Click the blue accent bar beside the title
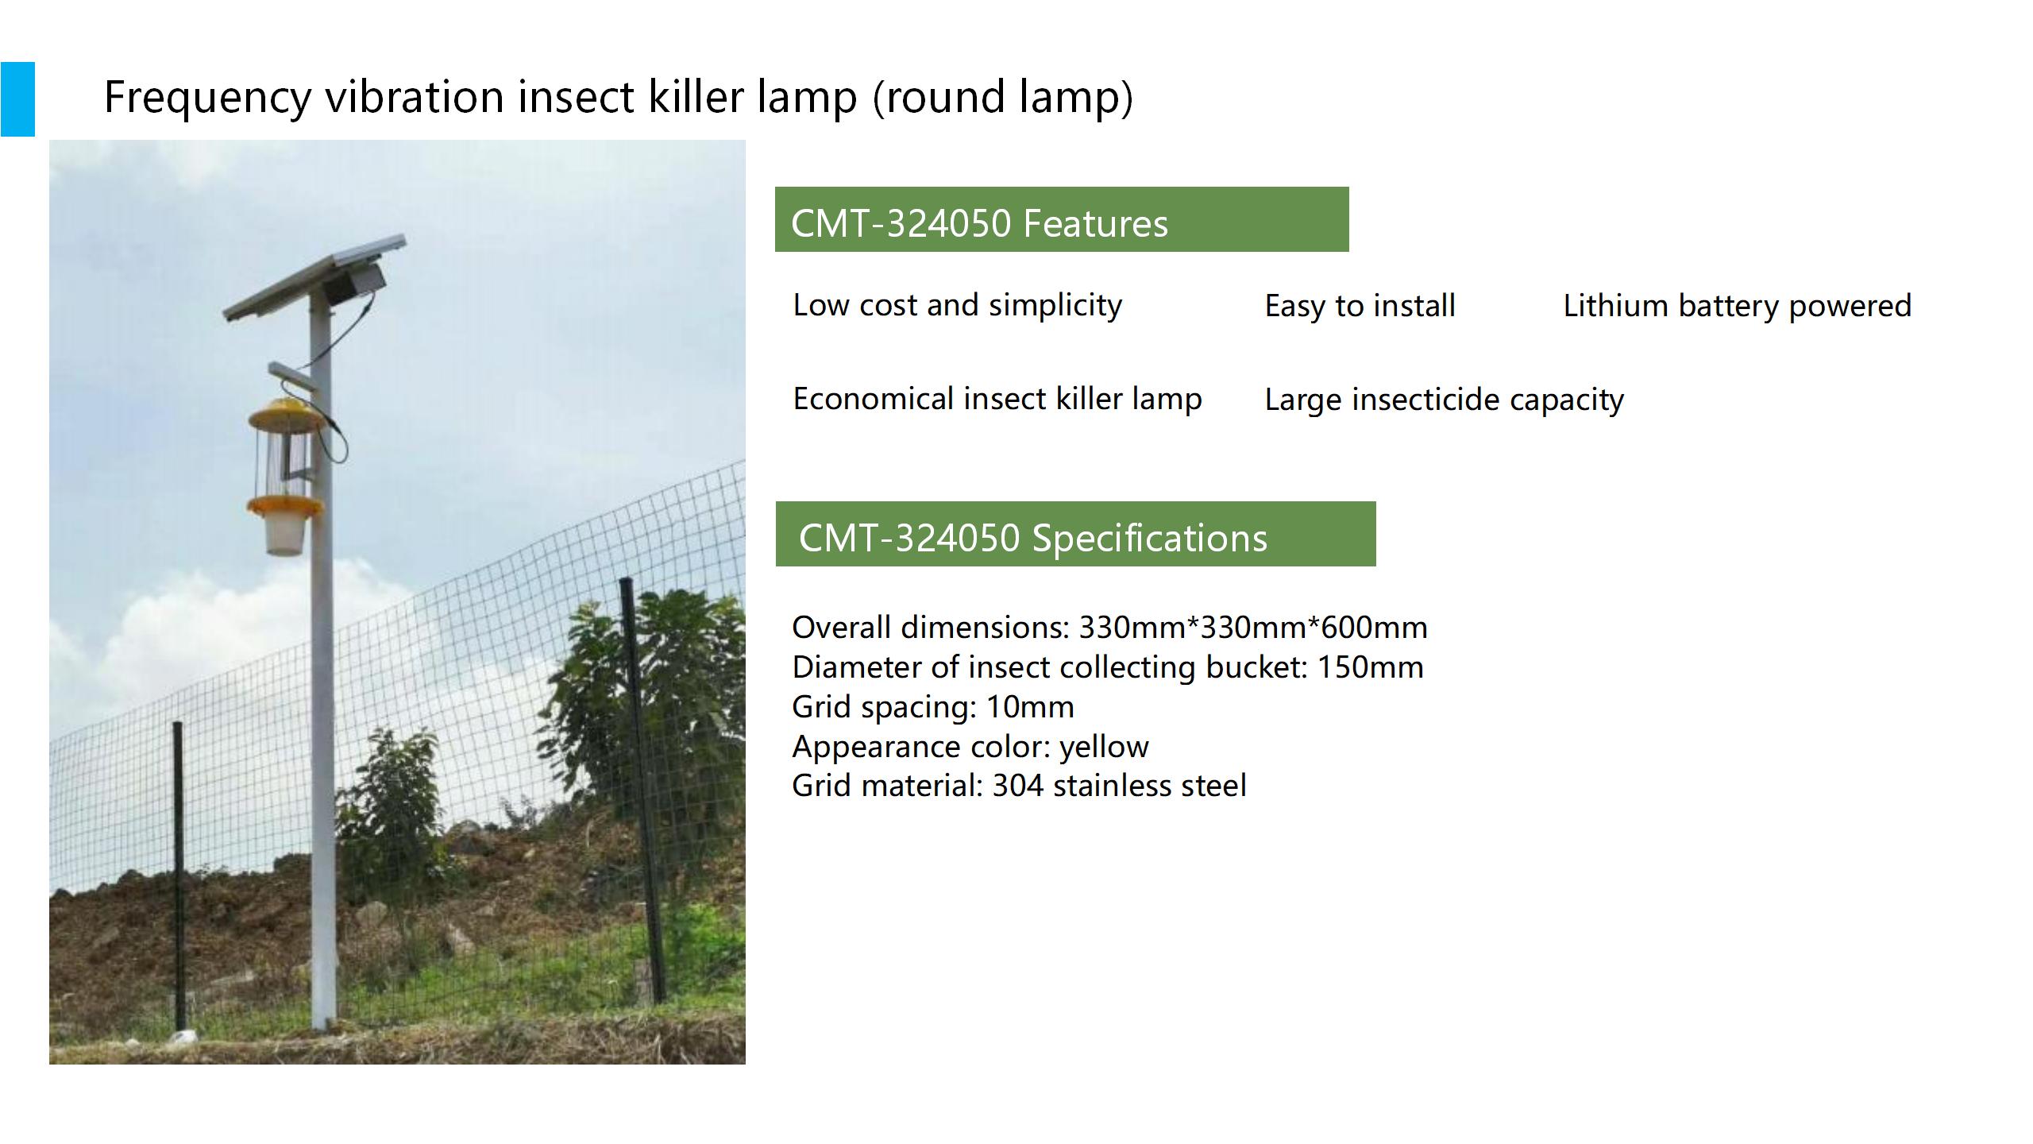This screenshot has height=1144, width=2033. tap(17, 99)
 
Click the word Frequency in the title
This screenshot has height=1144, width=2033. tap(208, 98)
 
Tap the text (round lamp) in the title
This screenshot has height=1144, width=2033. tap(1003, 98)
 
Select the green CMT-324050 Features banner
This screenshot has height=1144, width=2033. tap(1062, 219)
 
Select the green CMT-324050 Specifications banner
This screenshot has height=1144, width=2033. tap(1075, 534)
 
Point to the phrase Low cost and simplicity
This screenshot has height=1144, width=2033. tap(958, 305)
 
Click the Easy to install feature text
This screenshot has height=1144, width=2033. tap(1360, 306)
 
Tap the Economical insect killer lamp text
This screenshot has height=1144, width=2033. tap(997, 399)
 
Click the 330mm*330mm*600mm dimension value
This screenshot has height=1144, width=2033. tap(1253, 628)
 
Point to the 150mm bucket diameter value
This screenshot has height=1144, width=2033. tap(1371, 667)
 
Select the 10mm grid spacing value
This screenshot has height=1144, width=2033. tap(1030, 707)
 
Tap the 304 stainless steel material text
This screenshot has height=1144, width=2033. tap(1120, 786)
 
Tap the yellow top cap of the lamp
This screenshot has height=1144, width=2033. tap(285, 413)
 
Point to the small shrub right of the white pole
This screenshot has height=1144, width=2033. tap(393, 802)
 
